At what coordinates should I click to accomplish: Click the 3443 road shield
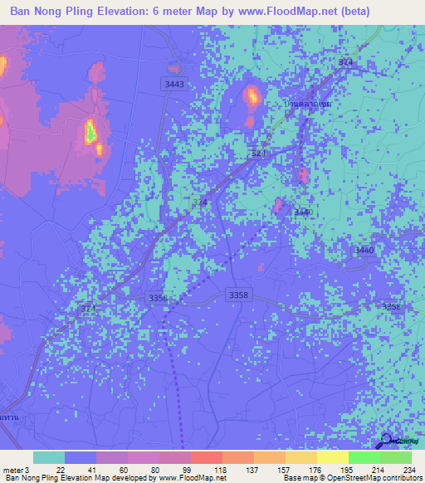[174, 85]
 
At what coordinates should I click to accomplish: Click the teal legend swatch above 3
[48, 457]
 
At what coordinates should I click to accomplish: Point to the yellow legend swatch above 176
[300, 457]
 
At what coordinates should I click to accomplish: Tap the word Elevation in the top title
[134, 12]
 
